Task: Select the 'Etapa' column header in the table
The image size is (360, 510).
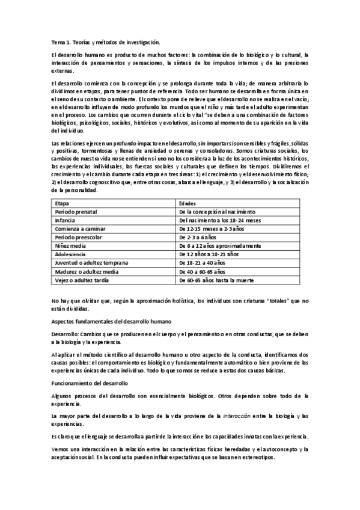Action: (x=61, y=204)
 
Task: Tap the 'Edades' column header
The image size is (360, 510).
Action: (x=189, y=204)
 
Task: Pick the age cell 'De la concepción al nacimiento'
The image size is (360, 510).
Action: (x=218, y=212)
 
